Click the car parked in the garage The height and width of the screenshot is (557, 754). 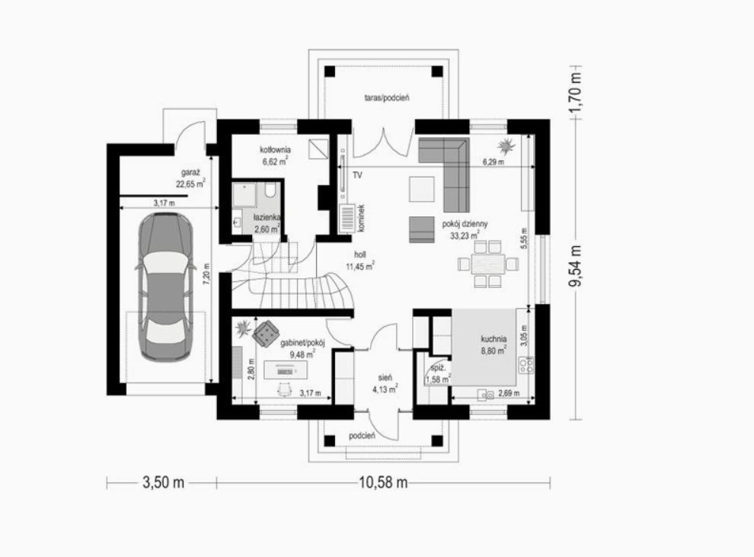pos(165,287)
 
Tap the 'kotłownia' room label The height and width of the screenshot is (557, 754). pos(275,150)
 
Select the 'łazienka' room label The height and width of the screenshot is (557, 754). pos(267,217)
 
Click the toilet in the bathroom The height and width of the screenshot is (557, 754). pos(270,190)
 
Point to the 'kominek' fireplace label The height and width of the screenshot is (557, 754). pos(361,219)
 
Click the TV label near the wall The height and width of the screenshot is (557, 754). pos(357,175)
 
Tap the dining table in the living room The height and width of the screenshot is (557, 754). pos(488,264)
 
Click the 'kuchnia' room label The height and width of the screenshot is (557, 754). pos(494,338)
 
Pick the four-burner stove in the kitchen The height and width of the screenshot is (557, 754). pos(526,366)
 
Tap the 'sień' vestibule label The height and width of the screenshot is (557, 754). pos(385,378)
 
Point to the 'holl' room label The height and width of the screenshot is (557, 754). pos(360,254)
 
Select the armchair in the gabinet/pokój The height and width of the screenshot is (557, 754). pos(266,334)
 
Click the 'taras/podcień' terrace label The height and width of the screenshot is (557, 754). pos(387,98)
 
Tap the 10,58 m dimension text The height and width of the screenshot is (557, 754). pos(383,482)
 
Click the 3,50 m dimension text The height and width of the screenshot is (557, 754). pos(164,482)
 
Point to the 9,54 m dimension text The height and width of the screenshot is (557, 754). pos(576,266)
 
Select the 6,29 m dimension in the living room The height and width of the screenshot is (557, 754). pos(494,162)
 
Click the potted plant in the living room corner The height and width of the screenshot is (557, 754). pos(506,145)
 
